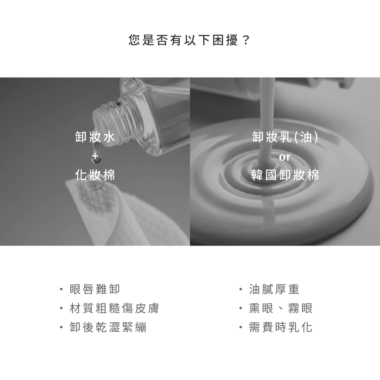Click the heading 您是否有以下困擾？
tap(189, 40)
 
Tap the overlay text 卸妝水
tap(95, 137)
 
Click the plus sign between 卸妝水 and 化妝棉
tap(95, 155)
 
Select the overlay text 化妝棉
tap(95, 175)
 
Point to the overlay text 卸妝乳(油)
tap(285, 137)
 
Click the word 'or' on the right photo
tap(285, 157)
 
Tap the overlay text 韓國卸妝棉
tap(285, 175)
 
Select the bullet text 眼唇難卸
tap(95, 289)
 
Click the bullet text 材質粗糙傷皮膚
tap(114, 308)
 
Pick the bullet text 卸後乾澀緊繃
tap(108, 327)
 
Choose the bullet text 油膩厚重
tap(274, 289)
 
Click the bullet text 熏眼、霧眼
tap(281, 308)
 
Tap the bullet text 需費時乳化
tap(281, 327)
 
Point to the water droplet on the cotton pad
tap(95, 186)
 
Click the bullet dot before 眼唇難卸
tap(61, 289)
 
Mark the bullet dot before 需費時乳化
tap(241, 328)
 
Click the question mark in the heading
tap(246, 40)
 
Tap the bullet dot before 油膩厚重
tap(241, 289)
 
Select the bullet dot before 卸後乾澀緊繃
tap(61, 328)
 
